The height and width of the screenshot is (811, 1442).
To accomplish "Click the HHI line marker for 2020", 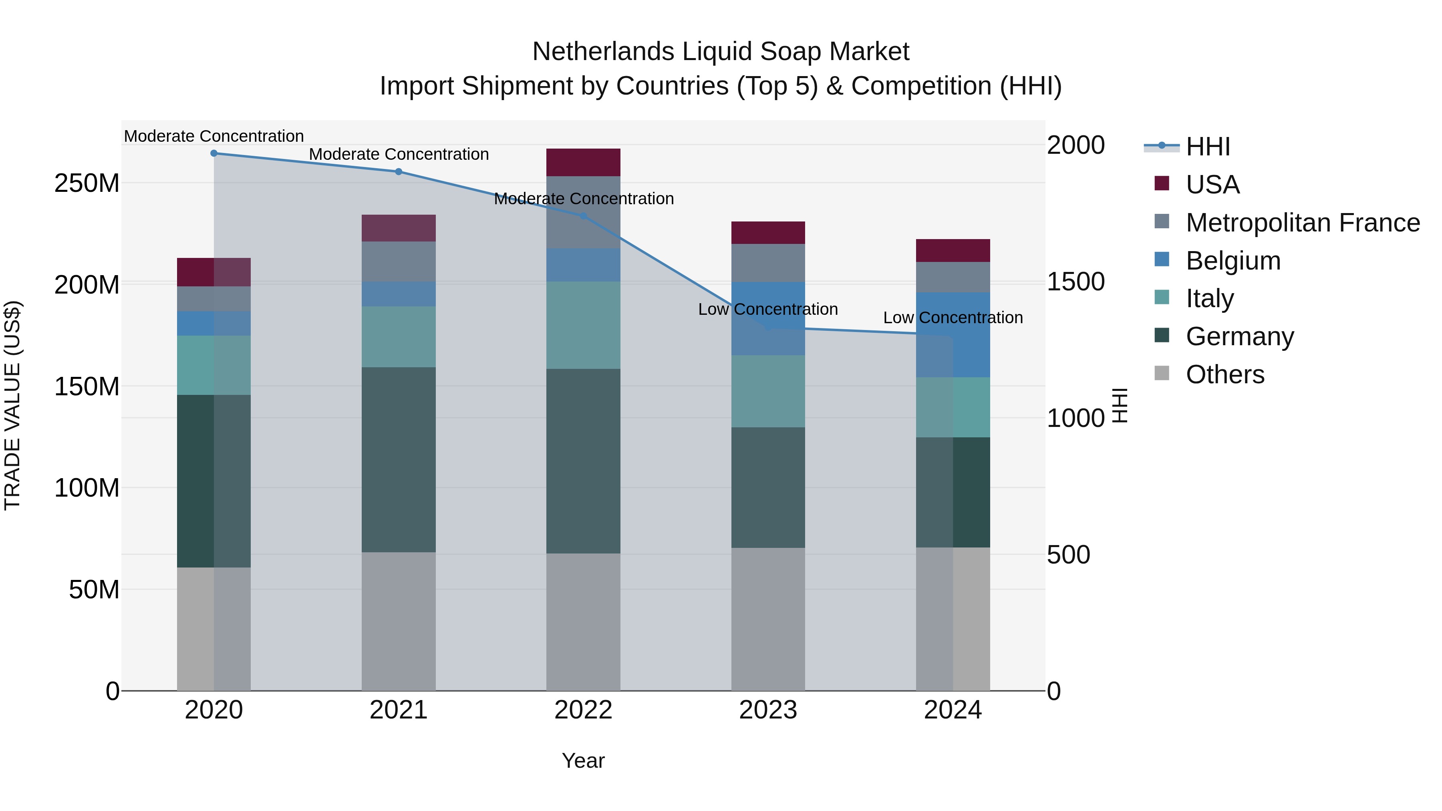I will pyautogui.click(x=214, y=153).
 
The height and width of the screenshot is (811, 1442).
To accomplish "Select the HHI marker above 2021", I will pyautogui.click(x=399, y=172).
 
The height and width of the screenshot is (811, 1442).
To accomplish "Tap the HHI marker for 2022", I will pyautogui.click(x=583, y=216).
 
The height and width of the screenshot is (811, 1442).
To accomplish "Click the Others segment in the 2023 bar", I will pyautogui.click(x=768, y=619).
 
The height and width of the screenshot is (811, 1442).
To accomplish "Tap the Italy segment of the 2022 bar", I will pyautogui.click(x=583, y=325).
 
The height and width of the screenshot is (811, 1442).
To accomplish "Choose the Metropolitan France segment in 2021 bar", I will pyautogui.click(x=399, y=262).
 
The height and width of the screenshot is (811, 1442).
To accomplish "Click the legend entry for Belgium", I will pyautogui.click(x=1233, y=261).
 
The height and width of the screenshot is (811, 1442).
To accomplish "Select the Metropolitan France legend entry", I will pyautogui.click(x=1303, y=223).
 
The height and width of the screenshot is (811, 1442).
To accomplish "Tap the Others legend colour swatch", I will pyautogui.click(x=1162, y=373).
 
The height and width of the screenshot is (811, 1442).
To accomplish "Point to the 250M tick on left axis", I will pyautogui.click(x=87, y=183).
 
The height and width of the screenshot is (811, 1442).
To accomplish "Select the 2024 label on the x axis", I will pyautogui.click(x=953, y=710).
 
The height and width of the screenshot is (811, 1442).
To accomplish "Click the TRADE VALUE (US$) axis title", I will pyautogui.click(x=13, y=405).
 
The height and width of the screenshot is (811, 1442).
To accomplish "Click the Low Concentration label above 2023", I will pyautogui.click(x=768, y=310).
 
